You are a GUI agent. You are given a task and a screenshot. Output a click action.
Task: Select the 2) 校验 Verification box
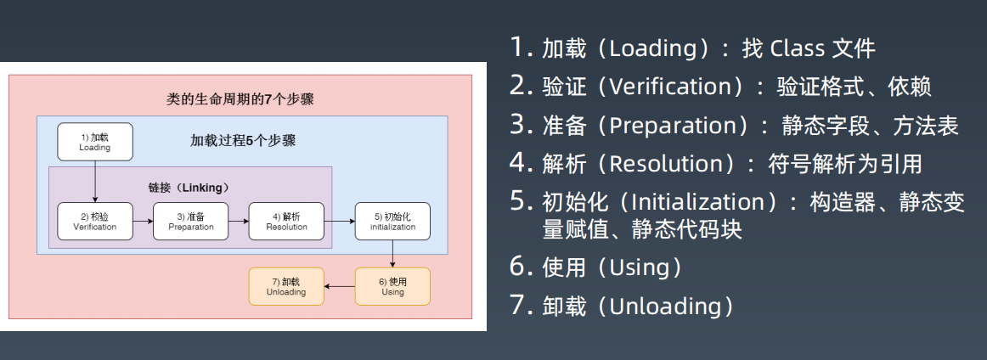[x=95, y=222]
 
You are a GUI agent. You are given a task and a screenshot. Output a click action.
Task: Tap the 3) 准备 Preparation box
[x=191, y=222]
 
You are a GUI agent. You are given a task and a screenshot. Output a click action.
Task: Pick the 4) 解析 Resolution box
[x=286, y=222]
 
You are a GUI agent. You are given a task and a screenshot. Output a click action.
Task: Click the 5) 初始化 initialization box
[x=392, y=222]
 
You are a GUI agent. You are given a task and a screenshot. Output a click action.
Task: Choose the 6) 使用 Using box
[x=392, y=286]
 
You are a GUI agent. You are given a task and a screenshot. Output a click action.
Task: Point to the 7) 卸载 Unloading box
[x=286, y=286]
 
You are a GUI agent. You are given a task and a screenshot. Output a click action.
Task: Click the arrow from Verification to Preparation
[x=143, y=222]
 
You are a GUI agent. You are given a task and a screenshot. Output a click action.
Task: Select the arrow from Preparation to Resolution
[x=239, y=222]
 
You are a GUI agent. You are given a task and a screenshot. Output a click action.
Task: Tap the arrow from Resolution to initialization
[x=340, y=222]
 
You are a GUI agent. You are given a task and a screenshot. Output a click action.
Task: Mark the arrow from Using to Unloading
[x=340, y=286]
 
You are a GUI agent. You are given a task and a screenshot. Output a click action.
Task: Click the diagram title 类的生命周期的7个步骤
[x=240, y=99]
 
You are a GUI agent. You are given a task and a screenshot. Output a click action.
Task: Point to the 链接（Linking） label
[x=189, y=186]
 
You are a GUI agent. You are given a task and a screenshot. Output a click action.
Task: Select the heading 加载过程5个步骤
[x=243, y=141]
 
